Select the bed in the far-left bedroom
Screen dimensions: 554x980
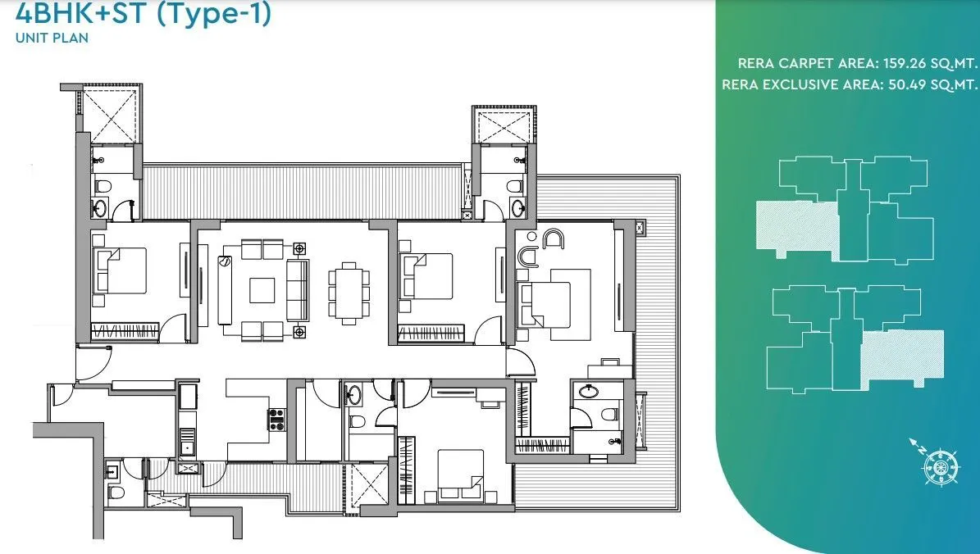pos(121,270)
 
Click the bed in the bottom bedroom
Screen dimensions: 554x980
pos(459,475)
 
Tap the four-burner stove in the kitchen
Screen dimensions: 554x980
pos(276,418)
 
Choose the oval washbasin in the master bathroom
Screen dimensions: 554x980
pos(588,392)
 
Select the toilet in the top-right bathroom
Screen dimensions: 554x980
pos(516,186)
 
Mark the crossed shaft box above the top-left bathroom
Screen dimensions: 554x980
pos(112,115)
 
